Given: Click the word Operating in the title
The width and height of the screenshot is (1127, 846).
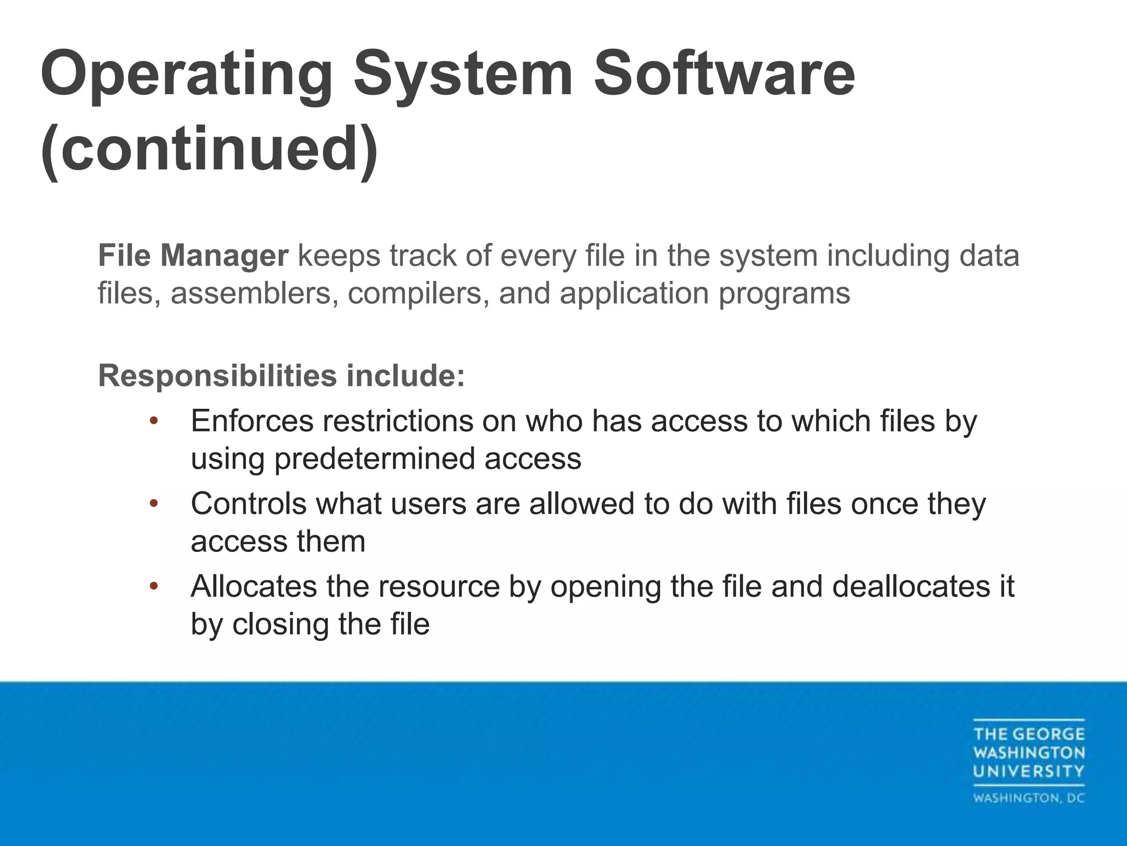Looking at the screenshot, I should click(186, 74).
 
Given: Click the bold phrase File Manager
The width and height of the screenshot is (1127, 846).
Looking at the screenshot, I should click(193, 256).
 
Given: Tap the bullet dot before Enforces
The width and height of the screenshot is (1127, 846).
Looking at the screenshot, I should click(154, 421).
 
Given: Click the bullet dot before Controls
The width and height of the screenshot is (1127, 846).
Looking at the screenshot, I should click(154, 503).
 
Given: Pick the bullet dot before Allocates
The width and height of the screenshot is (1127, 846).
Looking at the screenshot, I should click(154, 586).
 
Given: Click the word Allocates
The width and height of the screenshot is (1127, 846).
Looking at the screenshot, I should click(253, 586).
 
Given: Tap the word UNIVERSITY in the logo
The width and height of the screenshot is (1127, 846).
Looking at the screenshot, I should click(1028, 771).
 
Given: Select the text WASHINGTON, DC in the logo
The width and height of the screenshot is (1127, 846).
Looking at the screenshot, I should click(1028, 798).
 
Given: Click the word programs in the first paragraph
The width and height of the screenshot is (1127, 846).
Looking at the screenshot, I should click(784, 293).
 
